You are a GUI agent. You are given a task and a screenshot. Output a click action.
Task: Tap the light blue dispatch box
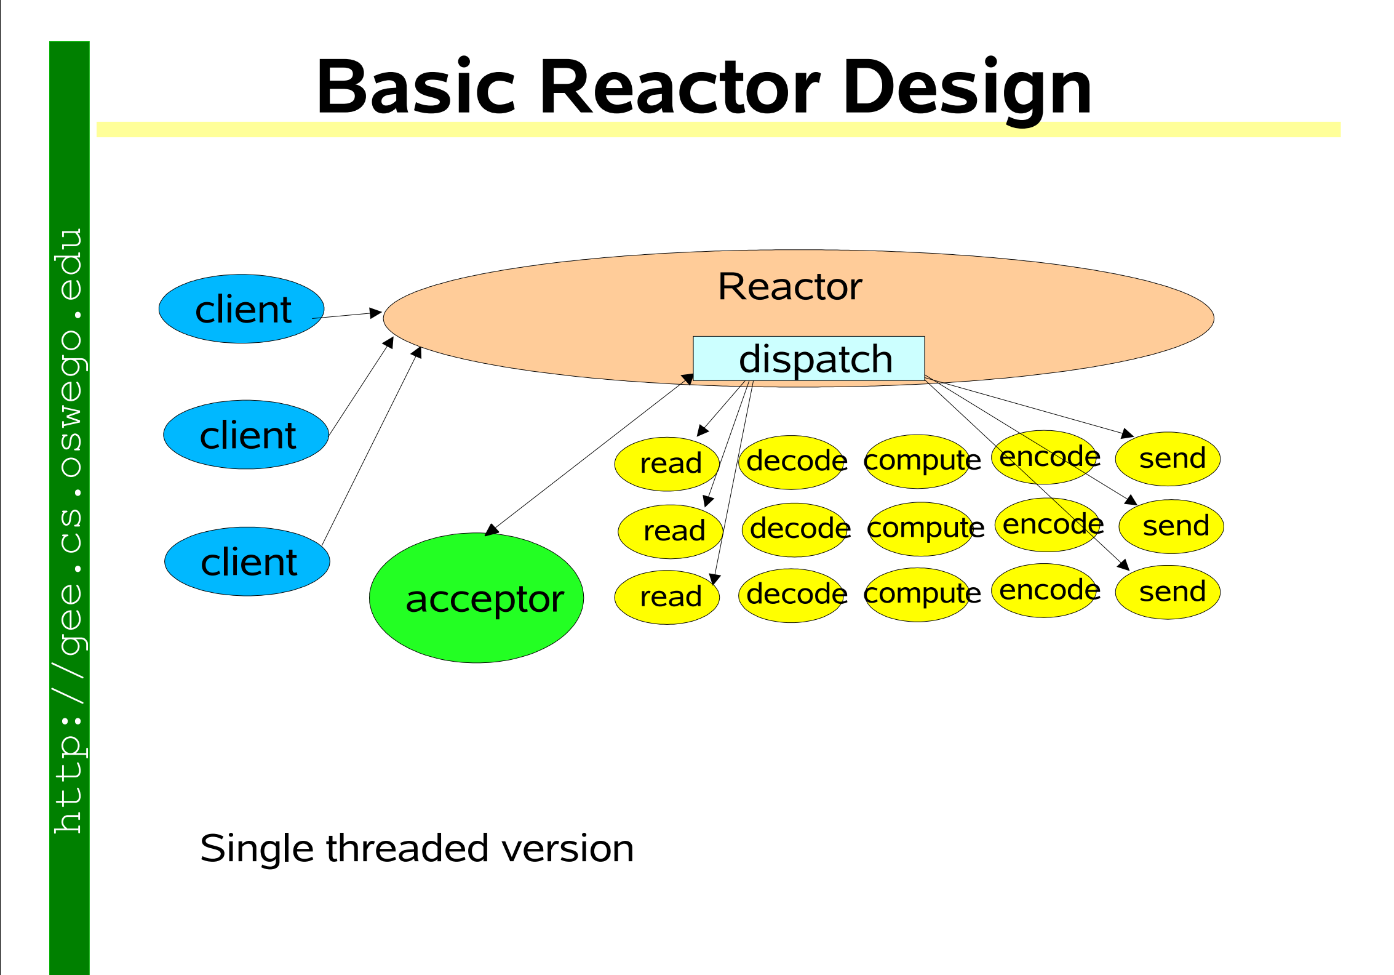click(808, 358)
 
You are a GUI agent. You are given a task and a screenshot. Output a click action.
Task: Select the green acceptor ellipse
click(476, 598)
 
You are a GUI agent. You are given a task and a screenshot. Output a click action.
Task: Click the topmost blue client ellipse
click(242, 309)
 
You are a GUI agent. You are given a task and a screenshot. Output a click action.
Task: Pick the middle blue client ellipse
click(246, 435)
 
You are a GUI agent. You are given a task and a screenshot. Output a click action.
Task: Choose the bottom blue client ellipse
click(247, 561)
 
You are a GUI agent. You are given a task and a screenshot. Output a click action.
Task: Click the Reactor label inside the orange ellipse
click(790, 287)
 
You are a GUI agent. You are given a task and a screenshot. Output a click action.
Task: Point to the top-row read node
click(667, 464)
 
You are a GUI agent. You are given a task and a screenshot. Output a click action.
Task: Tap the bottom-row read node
click(667, 597)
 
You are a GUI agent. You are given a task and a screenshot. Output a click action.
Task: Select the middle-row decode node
click(795, 530)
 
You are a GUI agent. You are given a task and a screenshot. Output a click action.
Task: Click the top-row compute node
click(918, 462)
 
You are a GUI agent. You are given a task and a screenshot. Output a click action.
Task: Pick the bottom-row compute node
click(918, 595)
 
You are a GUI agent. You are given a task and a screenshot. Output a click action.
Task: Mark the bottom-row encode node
click(1045, 590)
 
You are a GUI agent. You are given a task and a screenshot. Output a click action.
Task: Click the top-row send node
click(1168, 459)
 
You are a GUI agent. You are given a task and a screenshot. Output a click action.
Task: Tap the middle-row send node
click(1171, 526)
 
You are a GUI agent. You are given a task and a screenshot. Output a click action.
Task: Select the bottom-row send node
click(1168, 592)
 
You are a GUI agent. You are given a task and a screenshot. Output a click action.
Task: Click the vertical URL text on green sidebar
click(69, 531)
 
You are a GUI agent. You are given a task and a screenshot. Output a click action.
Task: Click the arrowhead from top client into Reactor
click(375, 313)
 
